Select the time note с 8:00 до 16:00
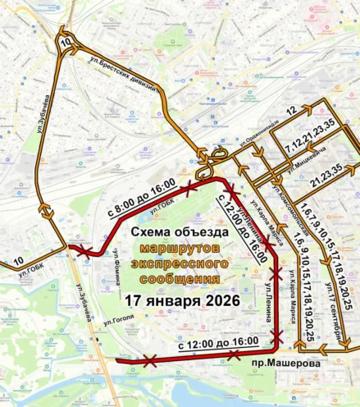point(140,199)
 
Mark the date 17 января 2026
point(181,300)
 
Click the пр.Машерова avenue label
point(282,360)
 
